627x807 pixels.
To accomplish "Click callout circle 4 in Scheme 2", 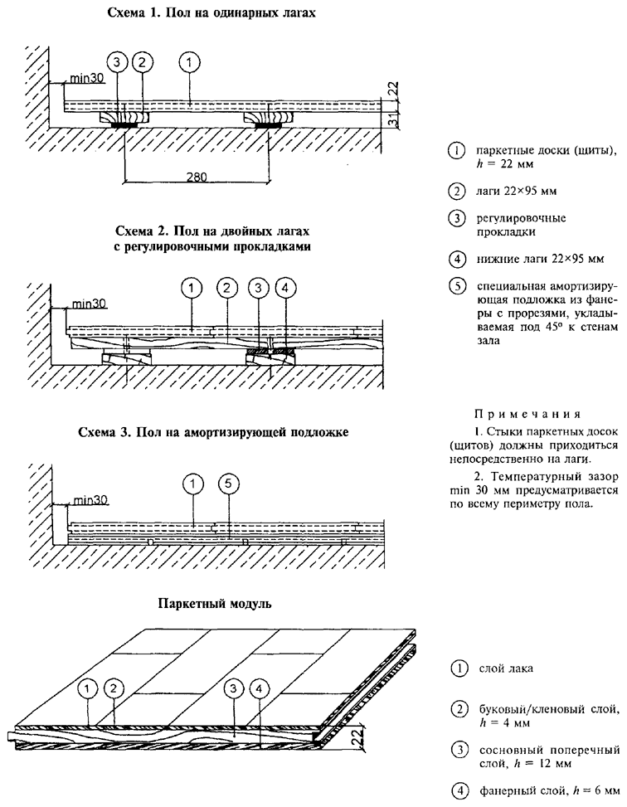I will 286,288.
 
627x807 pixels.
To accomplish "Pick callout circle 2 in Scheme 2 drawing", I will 225,288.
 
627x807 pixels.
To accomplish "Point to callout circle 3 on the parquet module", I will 235,687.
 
